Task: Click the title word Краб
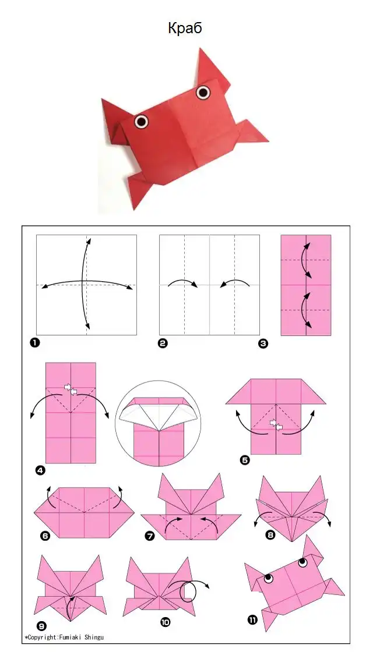185,28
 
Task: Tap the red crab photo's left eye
142,121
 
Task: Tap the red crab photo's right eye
203,93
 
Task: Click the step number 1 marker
34,343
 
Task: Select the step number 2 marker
163,343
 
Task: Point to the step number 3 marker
263,343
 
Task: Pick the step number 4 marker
40,471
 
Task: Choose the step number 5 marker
245,460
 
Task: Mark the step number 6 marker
45,536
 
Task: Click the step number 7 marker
149,536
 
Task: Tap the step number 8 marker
270,535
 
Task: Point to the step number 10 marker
166,622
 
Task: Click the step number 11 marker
252,620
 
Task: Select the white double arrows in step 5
276,424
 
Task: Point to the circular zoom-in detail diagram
158,424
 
